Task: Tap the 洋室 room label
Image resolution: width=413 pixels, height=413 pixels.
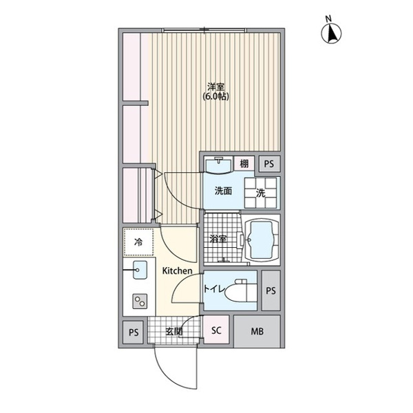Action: (x=215, y=87)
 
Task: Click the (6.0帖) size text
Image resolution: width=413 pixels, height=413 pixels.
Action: (x=215, y=96)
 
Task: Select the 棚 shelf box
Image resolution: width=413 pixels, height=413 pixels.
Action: (x=244, y=164)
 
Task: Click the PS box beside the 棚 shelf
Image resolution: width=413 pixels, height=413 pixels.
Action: (x=269, y=164)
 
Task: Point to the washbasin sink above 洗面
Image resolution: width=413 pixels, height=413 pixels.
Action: (x=218, y=165)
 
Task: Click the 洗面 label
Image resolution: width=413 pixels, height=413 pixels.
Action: (x=223, y=191)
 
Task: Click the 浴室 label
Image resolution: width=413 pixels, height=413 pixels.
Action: (x=218, y=239)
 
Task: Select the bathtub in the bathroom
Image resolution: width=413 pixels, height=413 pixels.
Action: (x=262, y=240)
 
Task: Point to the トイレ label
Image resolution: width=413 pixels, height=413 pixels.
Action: (x=214, y=289)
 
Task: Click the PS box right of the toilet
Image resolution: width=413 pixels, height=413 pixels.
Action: (x=271, y=290)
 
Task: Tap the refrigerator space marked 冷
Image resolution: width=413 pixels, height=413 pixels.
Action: (x=138, y=242)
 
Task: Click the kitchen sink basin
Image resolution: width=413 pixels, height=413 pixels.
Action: (x=140, y=270)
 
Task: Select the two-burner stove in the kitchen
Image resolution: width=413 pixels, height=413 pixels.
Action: (x=140, y=301)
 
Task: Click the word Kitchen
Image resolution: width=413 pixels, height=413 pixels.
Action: (x=177, y=271)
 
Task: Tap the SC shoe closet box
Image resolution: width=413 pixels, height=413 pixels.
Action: (x=216, y=330)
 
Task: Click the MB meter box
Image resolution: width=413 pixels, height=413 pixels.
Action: (x=257, y=331)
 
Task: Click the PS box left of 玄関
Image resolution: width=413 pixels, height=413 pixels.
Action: (x=134, y=332)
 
